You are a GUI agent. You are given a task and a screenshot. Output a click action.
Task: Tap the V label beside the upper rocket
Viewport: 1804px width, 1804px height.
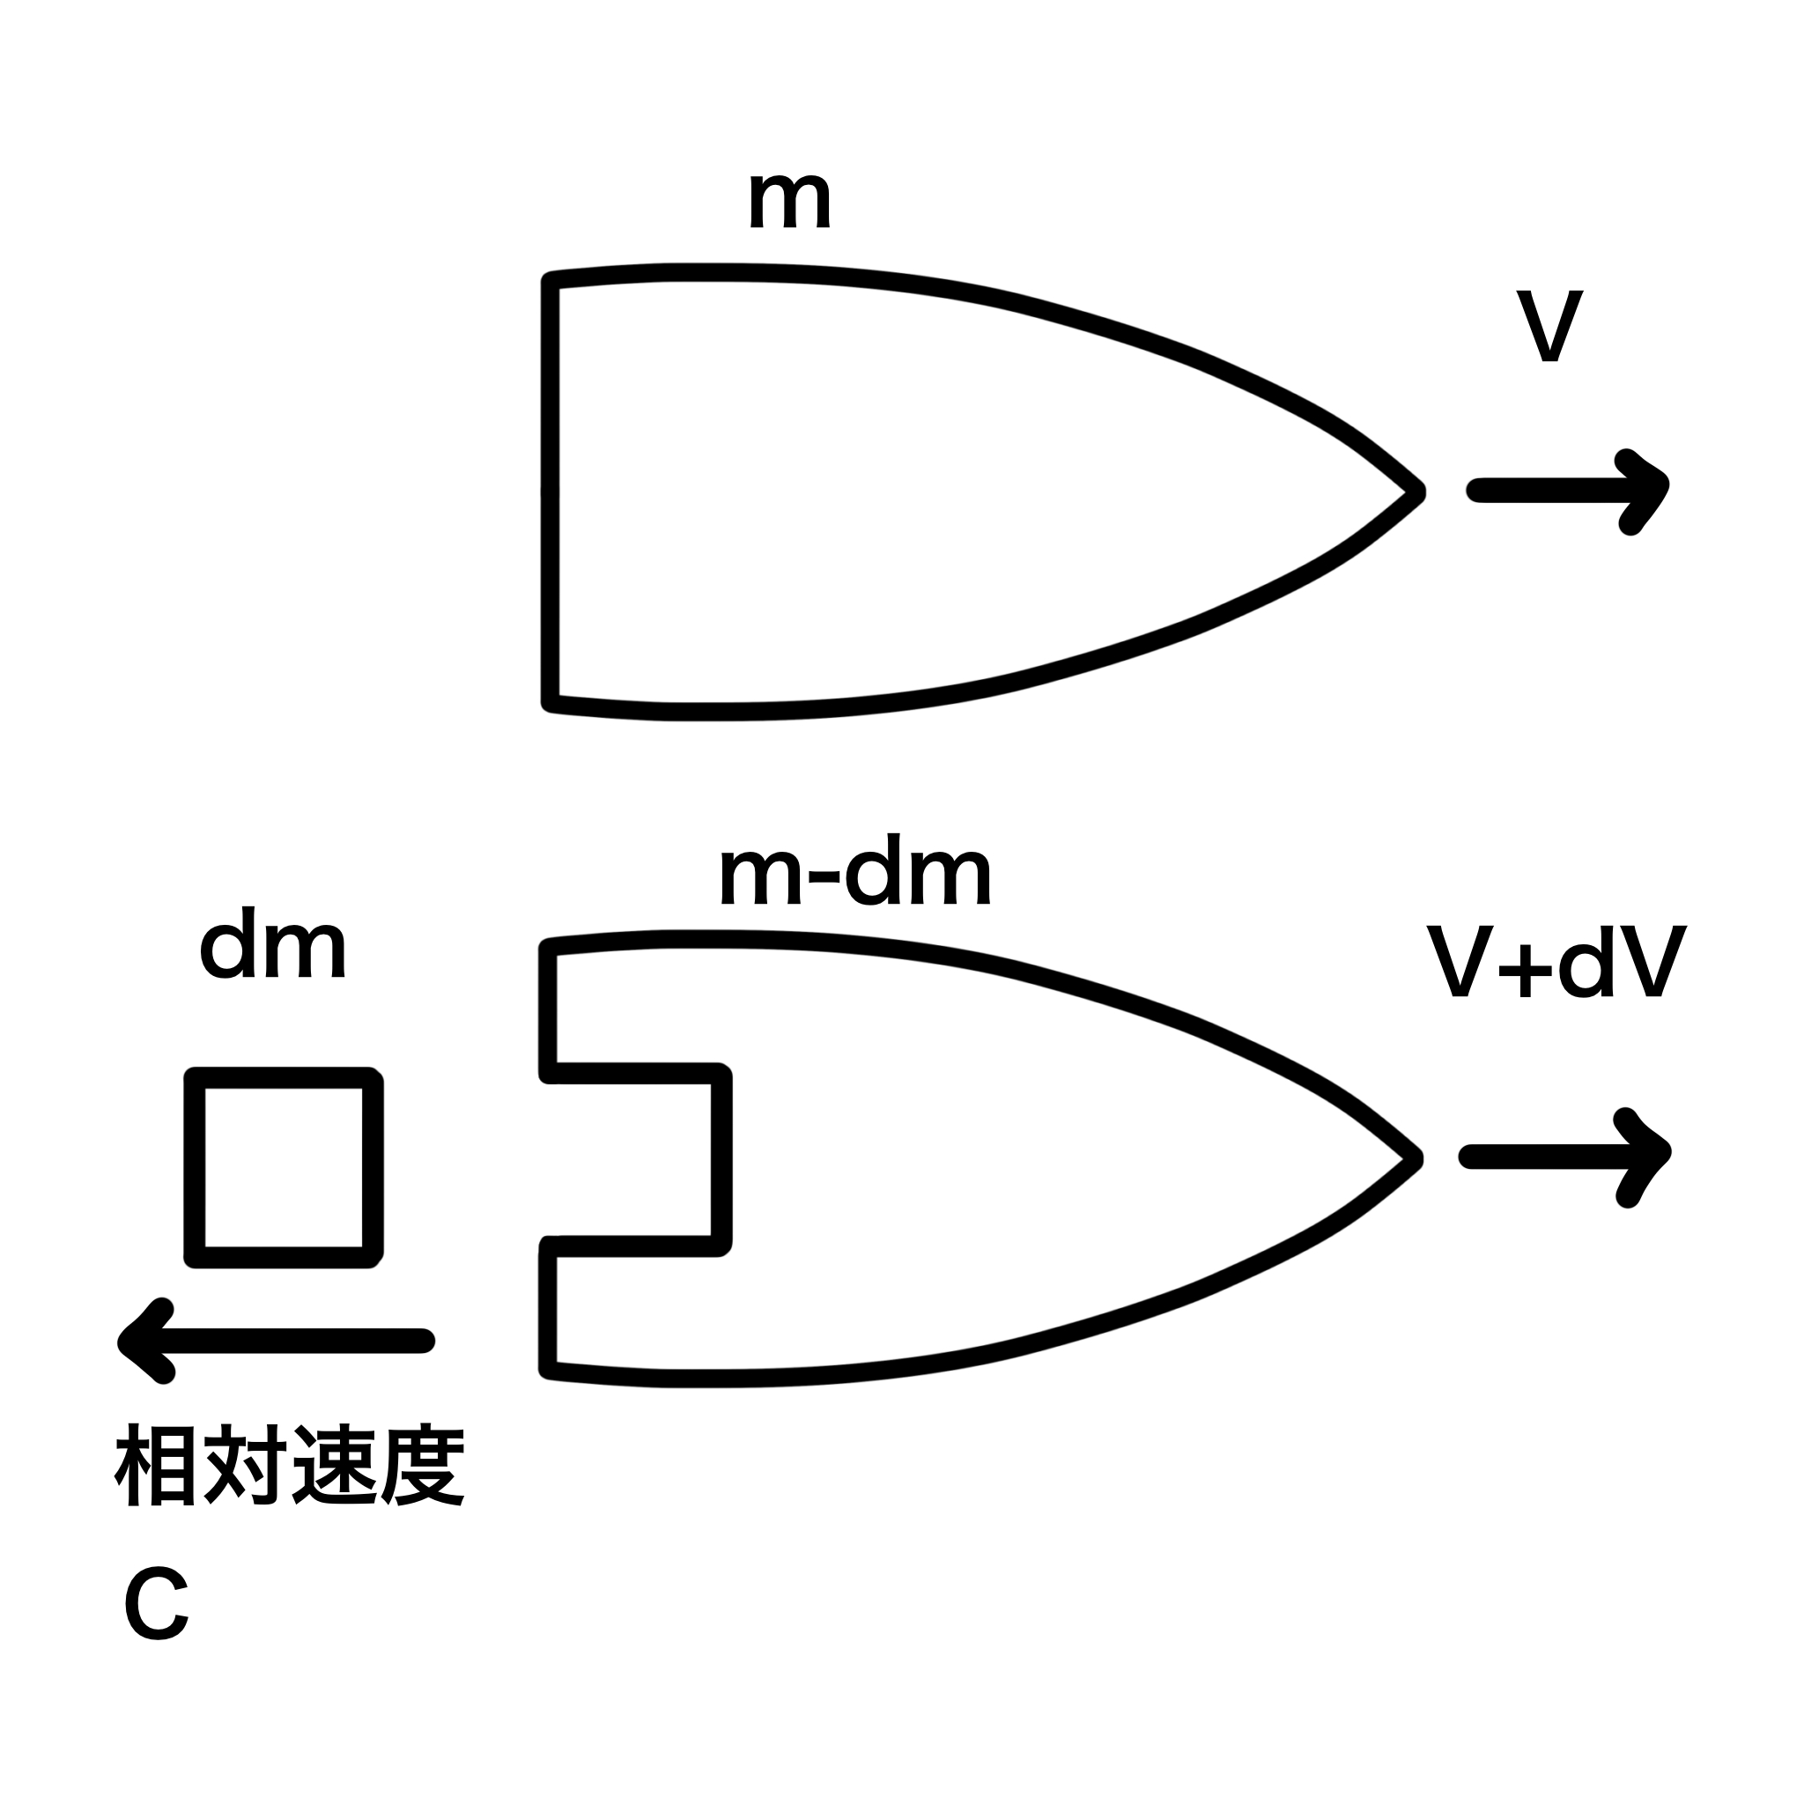point(1549,326)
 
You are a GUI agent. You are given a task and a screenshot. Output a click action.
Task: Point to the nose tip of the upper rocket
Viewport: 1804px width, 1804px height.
point(1416,492)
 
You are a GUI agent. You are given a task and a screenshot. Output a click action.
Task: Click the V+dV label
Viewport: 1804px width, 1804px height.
point(1556,963)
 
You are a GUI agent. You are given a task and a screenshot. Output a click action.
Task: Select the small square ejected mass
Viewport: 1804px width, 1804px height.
point(284,1166)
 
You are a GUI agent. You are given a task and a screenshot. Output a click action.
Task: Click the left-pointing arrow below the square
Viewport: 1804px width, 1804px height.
point(277,1341)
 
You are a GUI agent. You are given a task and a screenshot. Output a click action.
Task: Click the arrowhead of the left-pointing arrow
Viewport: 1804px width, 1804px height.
point(140,1341)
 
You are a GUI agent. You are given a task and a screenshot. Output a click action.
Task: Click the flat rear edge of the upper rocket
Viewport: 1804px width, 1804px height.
point(551,492)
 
